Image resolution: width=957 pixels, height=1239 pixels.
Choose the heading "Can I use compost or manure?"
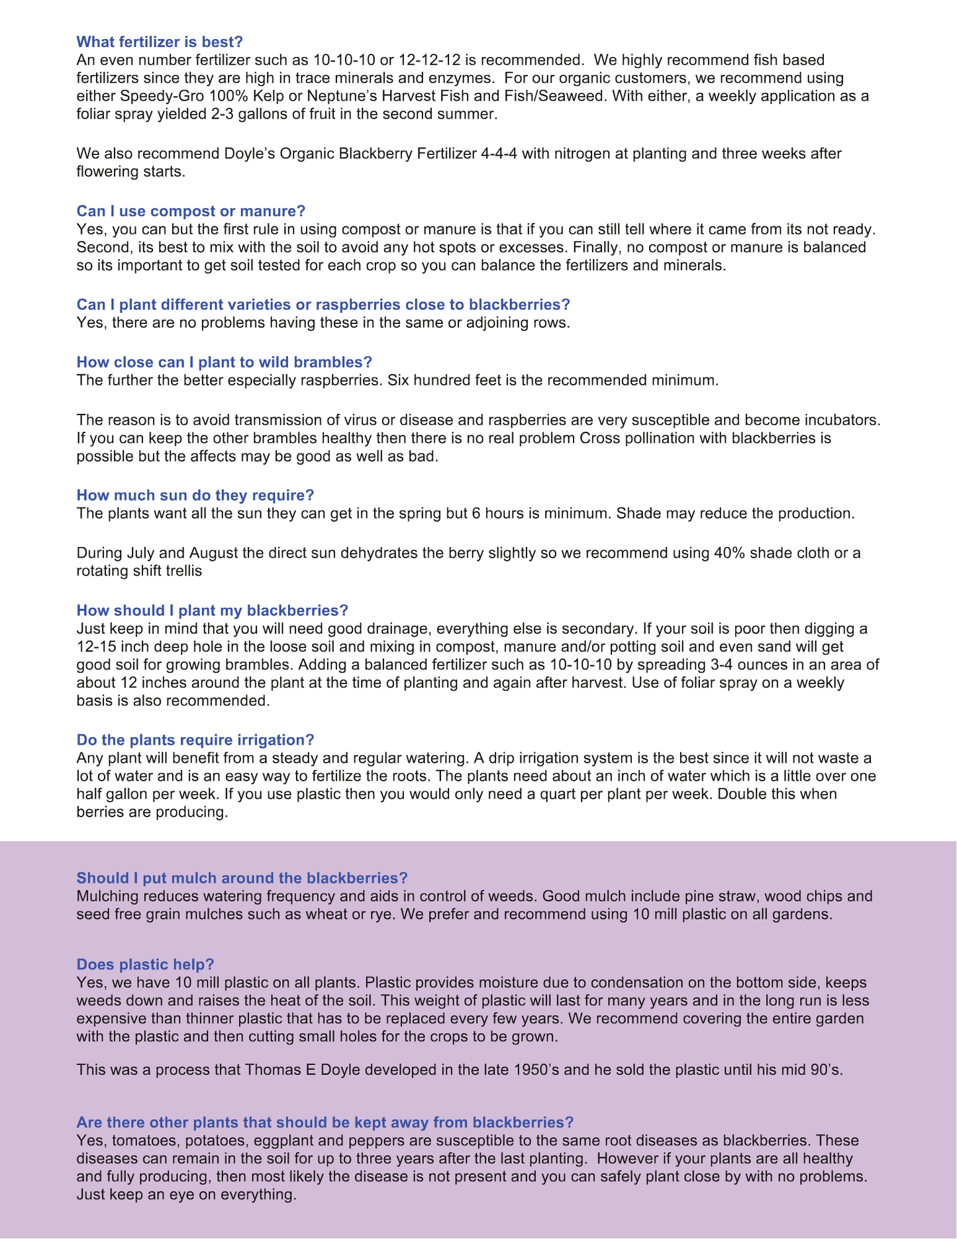(x=191, y=211)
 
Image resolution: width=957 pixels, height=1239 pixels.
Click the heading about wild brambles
(x=224, y=362)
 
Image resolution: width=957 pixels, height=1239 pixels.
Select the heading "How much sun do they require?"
(x=195, y=495)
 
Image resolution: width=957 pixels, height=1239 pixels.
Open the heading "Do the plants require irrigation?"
(x=195, y=740)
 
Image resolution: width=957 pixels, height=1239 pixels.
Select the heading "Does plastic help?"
(x=145, y=964)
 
